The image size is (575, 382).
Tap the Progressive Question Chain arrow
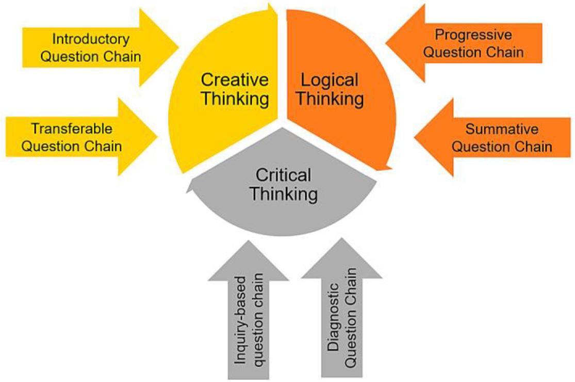click(x=474, y=43)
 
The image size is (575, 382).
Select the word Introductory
click(x=91, y=39)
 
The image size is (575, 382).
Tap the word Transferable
click(x=71, y=128)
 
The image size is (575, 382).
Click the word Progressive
click(x=473, y=35)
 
